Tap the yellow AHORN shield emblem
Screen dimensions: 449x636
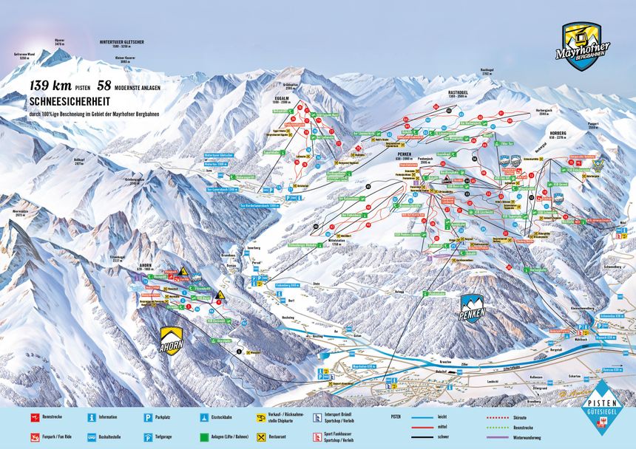click(171, 340)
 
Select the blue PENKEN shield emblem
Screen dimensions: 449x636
click(473, 307)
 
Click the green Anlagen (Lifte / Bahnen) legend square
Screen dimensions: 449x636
click(203, 437)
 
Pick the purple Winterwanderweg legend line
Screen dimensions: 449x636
click(506, 437)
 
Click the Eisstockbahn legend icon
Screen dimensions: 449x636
click(203, 417)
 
